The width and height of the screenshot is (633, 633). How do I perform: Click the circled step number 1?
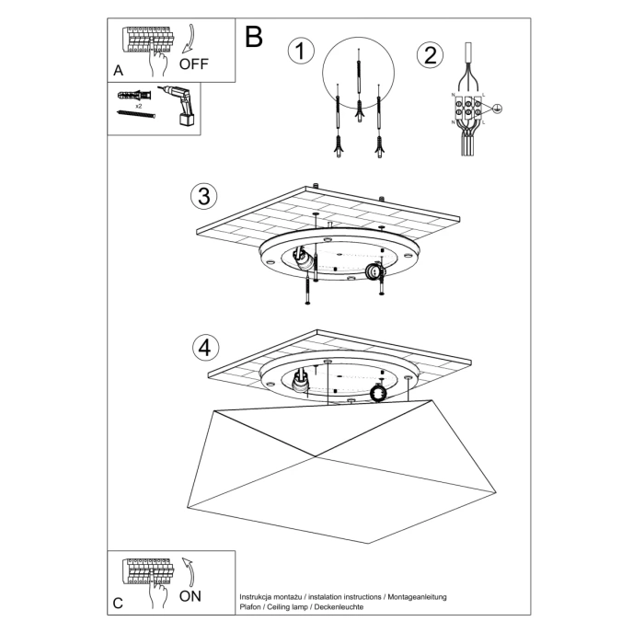[x=297, y=52]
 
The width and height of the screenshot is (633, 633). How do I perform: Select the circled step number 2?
[x=429, y=54]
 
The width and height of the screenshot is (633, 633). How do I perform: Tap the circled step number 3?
[x=204, y=196]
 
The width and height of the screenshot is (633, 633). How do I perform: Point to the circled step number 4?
[x=207, y=347]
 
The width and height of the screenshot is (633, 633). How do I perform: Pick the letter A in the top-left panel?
[x=118, y=71]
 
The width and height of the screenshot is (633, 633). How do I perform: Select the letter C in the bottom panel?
[x=117, y=604]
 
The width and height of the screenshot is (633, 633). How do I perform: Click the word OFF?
[x=195, y=65]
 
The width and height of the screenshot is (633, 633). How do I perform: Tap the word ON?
[x=190, y=596]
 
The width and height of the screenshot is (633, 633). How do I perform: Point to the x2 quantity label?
[x=139, y=106]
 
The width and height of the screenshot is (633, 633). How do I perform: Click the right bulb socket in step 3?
[x=374, y=271]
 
